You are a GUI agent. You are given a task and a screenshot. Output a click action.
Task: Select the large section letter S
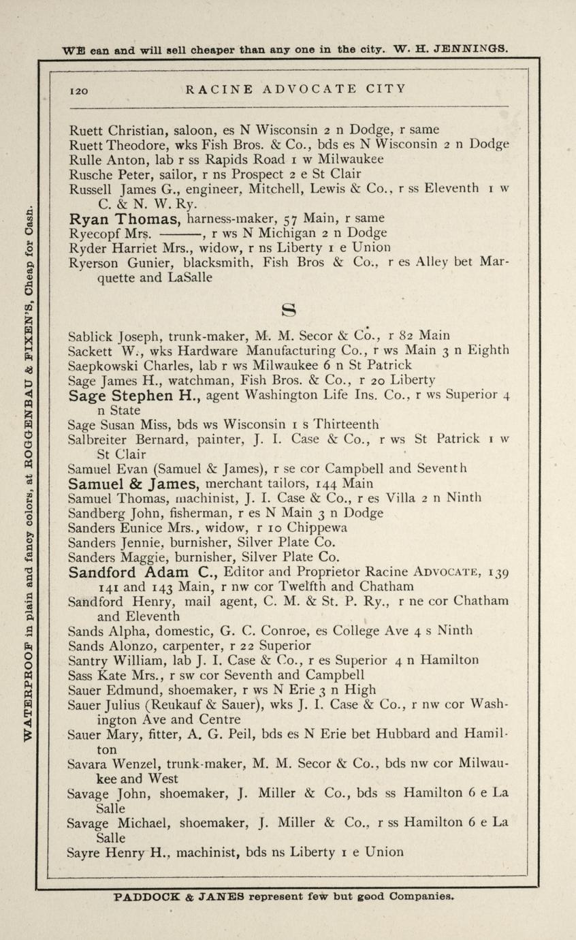289,311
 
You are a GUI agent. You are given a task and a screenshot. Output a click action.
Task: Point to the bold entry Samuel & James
133,484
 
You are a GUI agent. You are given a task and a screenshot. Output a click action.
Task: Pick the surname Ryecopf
92,233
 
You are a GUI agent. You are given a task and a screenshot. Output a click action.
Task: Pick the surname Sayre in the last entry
86,852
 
